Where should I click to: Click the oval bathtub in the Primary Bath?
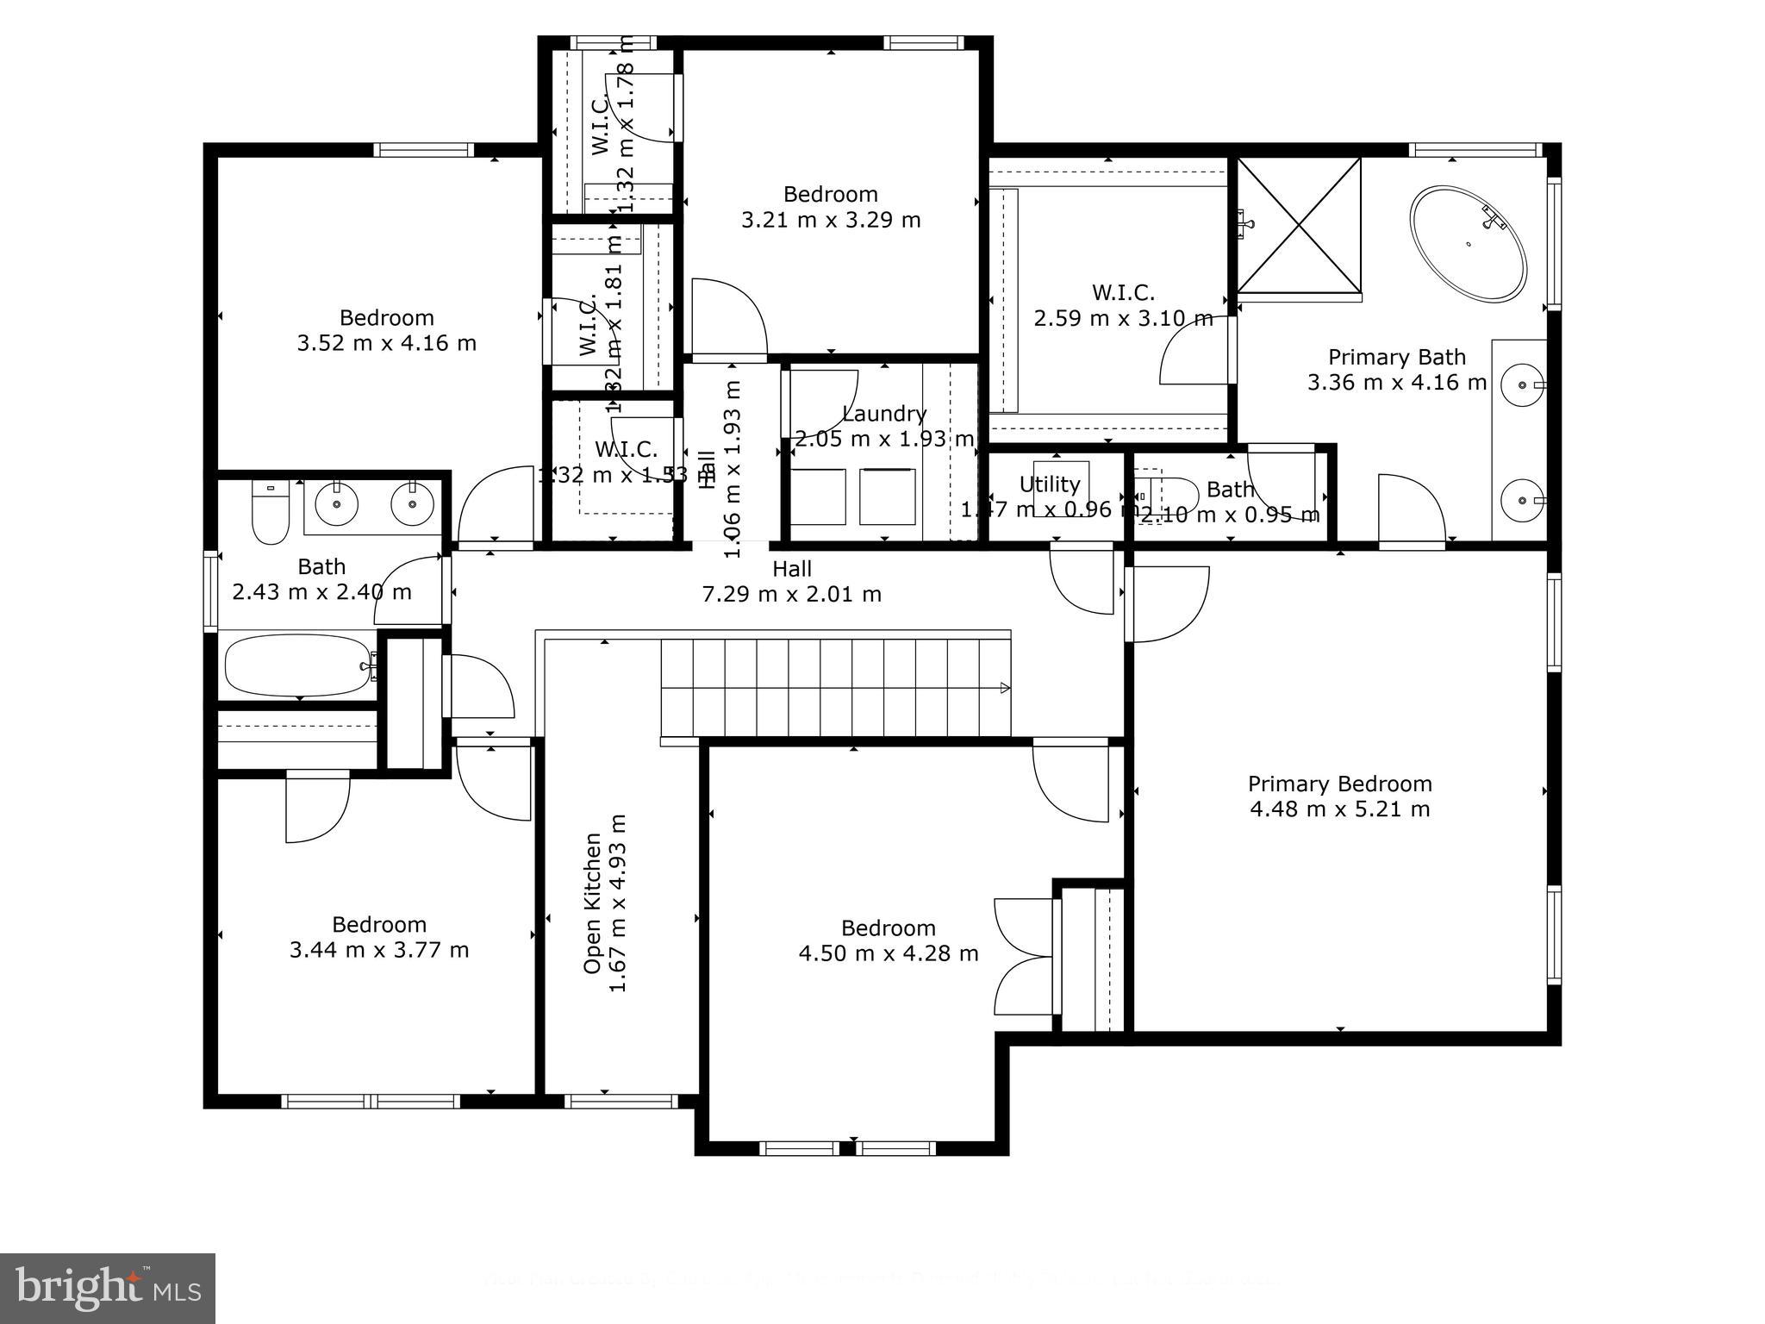click(1468, 244)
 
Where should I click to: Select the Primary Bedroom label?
click(1339, 784)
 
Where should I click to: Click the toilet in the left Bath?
click(270, 515)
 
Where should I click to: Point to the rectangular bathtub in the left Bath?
click(297, 665)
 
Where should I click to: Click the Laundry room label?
click(884, 414)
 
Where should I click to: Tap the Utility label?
click(1049, 484)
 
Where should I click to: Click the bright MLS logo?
click(107, 1289)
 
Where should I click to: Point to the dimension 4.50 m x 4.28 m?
click(888, 953)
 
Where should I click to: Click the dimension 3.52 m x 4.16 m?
click(386, 343)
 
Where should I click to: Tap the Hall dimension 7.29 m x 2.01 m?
click(791, 594)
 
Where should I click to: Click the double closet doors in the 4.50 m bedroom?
click(1024, 956)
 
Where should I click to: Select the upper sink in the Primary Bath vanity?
click(1524, 384)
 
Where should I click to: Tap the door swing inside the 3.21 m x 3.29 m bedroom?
click(728, 316)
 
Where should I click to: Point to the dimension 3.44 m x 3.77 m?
click(379, 950)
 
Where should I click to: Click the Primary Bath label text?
click(1396, 357)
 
